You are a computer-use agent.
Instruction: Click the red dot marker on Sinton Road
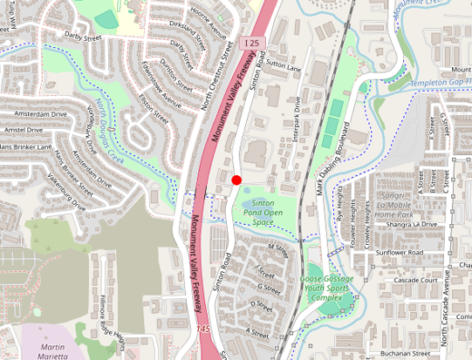pos(236,180)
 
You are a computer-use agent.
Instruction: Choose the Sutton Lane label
pos(282,66)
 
